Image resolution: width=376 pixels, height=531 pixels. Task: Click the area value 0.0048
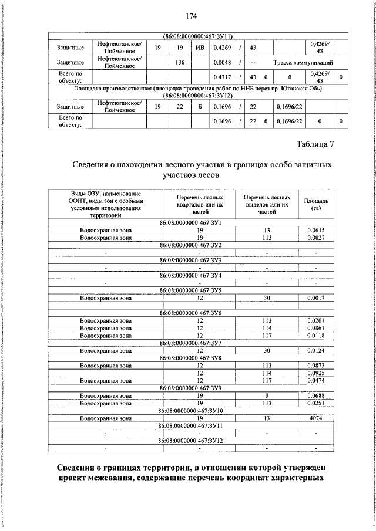click(221, 62)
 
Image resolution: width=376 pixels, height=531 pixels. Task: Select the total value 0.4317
click(221, 77)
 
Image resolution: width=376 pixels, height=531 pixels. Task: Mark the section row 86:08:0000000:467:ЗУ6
click(199, 313)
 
